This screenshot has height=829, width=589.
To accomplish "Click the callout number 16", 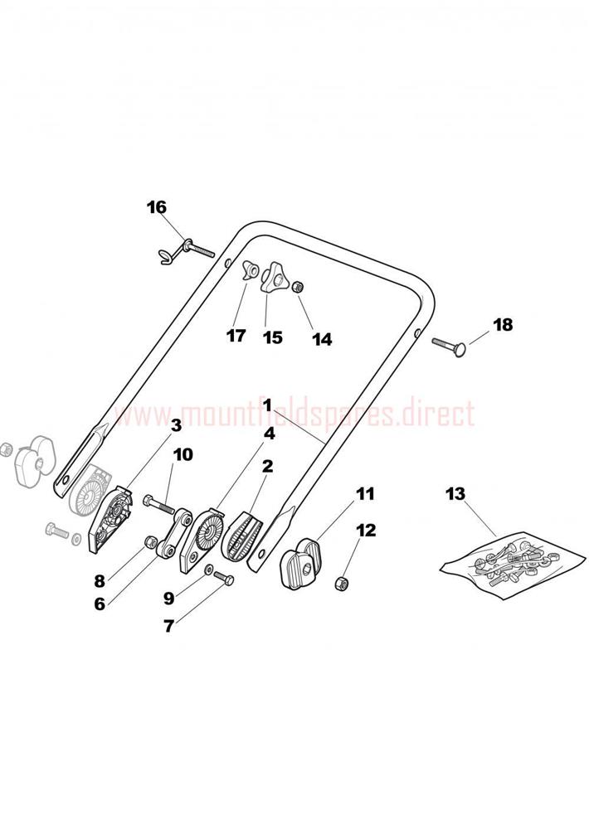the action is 157,206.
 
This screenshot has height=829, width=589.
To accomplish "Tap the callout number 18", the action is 503,325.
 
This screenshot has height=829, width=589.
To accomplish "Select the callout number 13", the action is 455,494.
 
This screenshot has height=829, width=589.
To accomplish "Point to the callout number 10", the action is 183,454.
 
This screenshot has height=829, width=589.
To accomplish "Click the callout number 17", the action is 236,335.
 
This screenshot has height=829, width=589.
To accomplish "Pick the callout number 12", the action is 366,530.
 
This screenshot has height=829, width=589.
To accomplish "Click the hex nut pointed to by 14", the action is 298,287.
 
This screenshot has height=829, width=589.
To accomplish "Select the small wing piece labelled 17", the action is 249,271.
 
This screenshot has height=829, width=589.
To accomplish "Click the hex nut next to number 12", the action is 340,583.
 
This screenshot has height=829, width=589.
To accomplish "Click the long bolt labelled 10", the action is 158,505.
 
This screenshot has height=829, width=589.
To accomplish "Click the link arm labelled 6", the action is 173,533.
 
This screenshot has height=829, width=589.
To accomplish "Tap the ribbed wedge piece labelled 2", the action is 241,536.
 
